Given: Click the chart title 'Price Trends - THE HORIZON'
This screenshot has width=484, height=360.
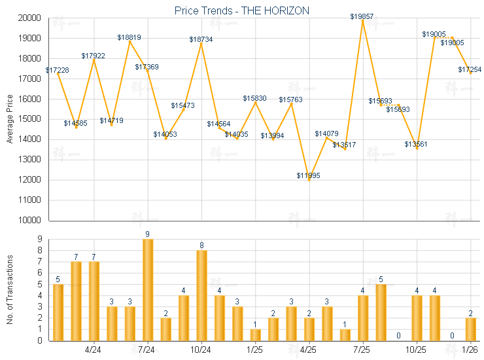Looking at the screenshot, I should click(x=242, y=10).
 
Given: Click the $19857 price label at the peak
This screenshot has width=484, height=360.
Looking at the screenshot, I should click(x=362, y=16).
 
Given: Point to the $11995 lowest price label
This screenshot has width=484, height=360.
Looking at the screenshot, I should click(x=309, y=175).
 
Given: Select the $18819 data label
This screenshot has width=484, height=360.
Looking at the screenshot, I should click(x=130, y=37).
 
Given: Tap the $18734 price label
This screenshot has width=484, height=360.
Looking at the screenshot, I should click(x=201, y=39).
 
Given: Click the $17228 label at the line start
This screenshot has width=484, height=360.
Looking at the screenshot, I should click(x=58, y=70).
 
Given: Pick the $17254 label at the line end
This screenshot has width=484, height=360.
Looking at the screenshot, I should click(x=470, y=69).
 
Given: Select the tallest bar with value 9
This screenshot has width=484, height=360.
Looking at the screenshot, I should click(x=148, y=289).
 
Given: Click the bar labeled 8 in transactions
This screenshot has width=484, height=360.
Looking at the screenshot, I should click(x=201, y=295).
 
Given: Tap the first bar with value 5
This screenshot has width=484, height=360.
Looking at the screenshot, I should click(x=58, y=312).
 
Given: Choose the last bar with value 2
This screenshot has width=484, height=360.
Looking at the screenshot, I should click(x=470, y=329).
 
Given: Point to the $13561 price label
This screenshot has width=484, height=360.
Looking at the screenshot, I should click(x=416, y=144).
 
